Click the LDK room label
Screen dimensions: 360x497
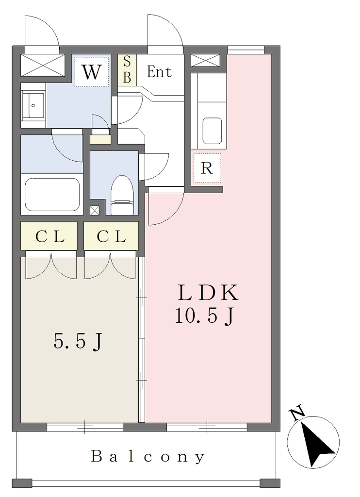tap(208, 292)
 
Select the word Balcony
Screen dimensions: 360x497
tap(148, 457)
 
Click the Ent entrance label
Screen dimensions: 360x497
tap(160, 72)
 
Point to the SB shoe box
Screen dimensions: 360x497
tap(127, 70)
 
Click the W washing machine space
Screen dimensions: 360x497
tap(92, 71)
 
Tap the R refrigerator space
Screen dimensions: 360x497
tap(207, 168)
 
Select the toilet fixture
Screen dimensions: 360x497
tap(122, 196)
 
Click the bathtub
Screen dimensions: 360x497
tap(52, 194)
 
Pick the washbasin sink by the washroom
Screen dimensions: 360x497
tap(33, 105)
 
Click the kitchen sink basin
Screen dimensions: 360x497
tap(212, 131)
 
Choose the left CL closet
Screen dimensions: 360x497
tap(49, 236)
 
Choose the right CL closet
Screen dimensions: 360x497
tap(111, 236)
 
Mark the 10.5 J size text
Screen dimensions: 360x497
tap(205, 316)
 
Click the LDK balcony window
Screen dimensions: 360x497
tap(207, 427)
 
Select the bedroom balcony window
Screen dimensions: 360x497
tap(84, 427)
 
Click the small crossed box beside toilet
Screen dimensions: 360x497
tap(95, 211)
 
